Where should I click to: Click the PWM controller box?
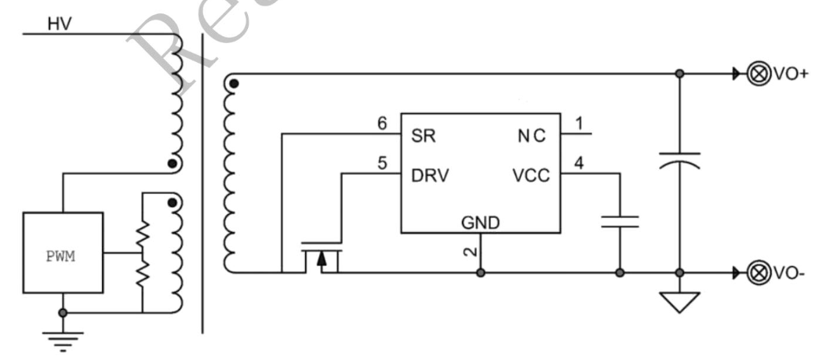pyautogui.click(x=63, y=253)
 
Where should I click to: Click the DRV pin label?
pyautogui.click(x=430, y=176)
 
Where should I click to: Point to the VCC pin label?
pyautogui.click(x=531, y=176)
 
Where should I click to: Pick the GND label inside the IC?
pyautogui.click(x=480, y=223)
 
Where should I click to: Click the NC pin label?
pyautogui.click(x=531, y=135)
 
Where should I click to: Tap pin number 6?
pyautogui.click(x=382, y=123)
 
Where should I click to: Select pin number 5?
pyautogui.click(x=382, y=164)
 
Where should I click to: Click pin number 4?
pyautogui.click(x=579, y=164)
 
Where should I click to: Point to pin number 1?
pyautogui.click(x=579, y=123)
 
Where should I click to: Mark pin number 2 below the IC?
pyautogui.click(x=469, y=252)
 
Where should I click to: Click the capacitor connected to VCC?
pyautogui.click(x=620, y=220)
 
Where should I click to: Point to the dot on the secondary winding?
pyautogui.click(x=234, y=82)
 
